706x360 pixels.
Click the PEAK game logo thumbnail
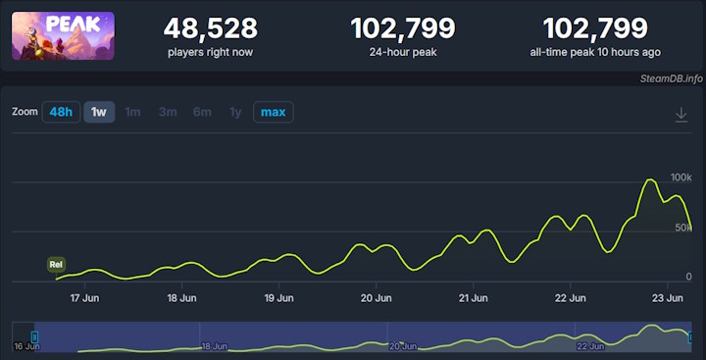click(x=63, y=35)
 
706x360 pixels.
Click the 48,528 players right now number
click(x=211, y=28)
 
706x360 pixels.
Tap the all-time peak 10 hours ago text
click(x=595, y=51)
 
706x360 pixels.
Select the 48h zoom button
click(x=61, y=112)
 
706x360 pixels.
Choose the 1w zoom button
click(x=99, y=112)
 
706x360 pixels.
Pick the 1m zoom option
click(x=132, y=112)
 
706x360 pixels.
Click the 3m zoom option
click(x=168, y=112)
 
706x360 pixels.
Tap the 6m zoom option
click(x=202, y=112)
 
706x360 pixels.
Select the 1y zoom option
click(x=235, y=112)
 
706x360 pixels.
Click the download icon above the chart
click(x=681, y=115)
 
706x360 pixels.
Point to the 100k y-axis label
click(x=681, y=177)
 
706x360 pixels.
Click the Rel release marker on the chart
click(x=57, y=264)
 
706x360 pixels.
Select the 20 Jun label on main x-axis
click(x=377, y=297)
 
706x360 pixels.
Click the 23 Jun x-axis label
click(x=668, y=297)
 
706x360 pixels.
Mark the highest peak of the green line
click(x=649, y=180)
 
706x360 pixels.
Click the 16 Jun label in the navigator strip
click(x=26, y=346)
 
